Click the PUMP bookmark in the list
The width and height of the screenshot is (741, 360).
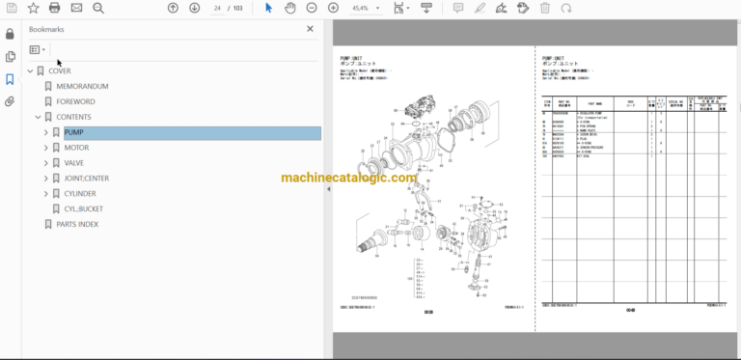pos(73,132)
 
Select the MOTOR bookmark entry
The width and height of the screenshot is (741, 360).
pos(76,148)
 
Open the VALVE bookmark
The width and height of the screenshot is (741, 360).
pos(75,163)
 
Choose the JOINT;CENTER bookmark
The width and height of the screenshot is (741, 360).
pos(87,179)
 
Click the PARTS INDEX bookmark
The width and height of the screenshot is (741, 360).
pos(77,224)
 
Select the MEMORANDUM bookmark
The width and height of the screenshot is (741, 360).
pos(81,86)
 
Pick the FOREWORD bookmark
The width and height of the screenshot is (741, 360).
pos(75,101)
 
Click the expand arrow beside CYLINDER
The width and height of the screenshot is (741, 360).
pos(45,194)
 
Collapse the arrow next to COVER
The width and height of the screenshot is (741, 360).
pos(30,71)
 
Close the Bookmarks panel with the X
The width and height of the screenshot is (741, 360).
pos(310,29)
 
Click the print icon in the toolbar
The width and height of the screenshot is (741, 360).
pos(54,8)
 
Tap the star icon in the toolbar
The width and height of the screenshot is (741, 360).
pos(32,8)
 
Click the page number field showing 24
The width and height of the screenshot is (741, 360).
pos(219,8)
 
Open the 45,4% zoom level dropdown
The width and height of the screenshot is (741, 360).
pos(367,8)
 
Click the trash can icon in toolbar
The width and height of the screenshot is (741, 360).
pos(545,8)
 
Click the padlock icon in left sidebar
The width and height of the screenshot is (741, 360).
pos(10,34)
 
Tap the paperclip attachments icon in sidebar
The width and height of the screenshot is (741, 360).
pos(10,101)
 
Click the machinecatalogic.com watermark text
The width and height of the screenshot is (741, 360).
pos(348,178)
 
